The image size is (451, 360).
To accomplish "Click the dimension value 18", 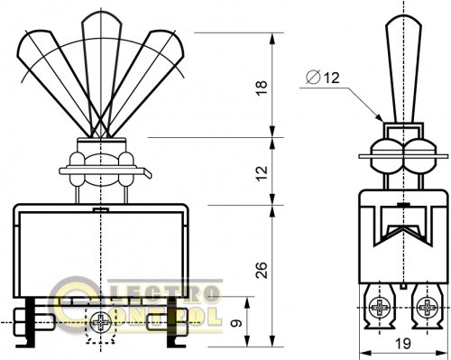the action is [262, 88].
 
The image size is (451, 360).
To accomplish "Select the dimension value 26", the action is [262, 270].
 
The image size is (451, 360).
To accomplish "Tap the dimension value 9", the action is [236, 323].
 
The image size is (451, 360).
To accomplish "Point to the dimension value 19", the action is [402, 344].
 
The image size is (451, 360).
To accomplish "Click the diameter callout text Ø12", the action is [323, 78].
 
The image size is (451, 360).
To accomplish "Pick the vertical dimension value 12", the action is [262, 172].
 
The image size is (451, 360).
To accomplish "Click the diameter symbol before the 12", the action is [313, 78].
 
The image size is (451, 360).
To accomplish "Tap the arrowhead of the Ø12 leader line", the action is [381, 118].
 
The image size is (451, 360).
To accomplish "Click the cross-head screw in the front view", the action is [101, 323].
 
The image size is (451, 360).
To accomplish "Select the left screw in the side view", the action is [380, 308].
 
